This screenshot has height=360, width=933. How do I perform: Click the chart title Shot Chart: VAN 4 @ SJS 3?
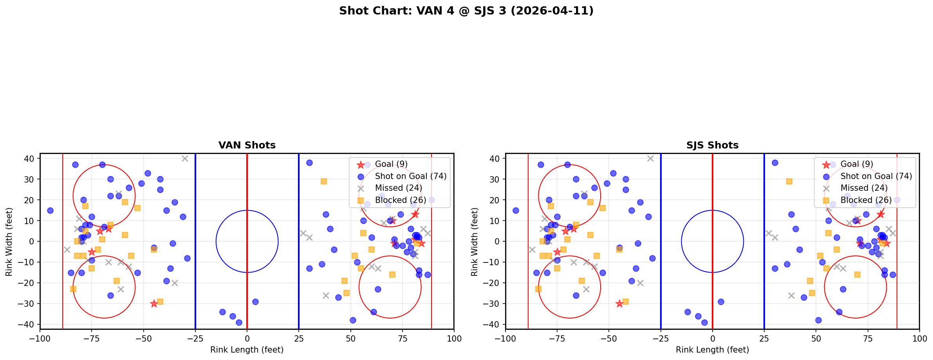click(466, 11)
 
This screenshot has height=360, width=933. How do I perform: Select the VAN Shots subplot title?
click(247, 145)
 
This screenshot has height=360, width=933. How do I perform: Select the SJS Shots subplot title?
click(712, 145)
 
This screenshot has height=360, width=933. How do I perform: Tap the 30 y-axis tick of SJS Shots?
click(495, 179)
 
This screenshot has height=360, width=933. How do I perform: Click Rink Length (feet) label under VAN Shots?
click(247, 350)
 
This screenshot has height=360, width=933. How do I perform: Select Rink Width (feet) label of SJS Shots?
click(475, 242)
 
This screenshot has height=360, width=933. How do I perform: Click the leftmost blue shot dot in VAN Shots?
click(50, 210)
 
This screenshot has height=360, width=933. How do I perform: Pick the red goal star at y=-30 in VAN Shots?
click(154, 304)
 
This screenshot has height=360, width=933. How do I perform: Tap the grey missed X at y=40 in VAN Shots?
click(185, 158)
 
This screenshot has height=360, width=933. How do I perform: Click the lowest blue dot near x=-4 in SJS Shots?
click(704, 322)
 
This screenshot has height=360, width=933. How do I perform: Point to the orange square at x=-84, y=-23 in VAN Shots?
click(73, 289)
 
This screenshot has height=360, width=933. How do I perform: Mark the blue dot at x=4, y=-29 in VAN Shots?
click(255, 302)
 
